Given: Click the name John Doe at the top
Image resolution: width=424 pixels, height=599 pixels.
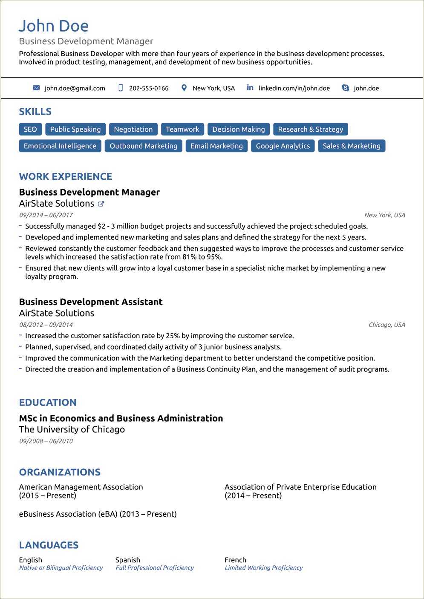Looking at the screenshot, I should [54, 26].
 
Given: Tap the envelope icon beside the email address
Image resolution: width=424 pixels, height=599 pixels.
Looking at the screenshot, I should [36, 88].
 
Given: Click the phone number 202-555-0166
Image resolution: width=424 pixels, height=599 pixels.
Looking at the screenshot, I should [148, 88].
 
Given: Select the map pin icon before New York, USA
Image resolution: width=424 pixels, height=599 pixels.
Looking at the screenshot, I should [184, 88].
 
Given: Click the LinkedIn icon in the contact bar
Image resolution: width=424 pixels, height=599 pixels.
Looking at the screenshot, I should [250, 87].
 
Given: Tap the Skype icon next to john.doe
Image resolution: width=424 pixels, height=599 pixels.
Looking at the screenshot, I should [346, 88].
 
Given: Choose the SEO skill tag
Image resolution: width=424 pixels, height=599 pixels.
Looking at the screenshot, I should [30, 129].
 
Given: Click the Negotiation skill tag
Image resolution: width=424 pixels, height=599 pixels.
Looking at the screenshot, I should [133, 129].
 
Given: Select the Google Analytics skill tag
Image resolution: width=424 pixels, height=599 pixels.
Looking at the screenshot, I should [283, 146].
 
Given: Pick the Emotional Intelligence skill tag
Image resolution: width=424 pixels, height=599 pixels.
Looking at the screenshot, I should [60, 146].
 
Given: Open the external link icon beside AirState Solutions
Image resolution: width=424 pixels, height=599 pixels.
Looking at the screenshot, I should [101, 204].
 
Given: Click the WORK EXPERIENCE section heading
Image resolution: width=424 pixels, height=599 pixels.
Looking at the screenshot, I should [66, 176].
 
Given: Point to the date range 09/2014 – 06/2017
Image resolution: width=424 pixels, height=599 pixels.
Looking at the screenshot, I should [46, 215].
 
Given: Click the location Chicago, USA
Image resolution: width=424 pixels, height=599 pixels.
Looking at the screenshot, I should [387, 325].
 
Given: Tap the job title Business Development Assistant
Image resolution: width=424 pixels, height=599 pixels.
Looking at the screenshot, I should [91, 302].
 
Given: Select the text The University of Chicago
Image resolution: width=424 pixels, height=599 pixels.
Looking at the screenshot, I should [72, 429].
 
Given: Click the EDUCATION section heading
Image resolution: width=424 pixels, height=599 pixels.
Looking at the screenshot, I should [48, 403].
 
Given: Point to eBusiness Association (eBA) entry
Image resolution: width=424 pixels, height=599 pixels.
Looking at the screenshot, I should [98, 514].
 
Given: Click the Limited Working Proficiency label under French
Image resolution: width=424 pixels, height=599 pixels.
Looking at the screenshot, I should [263, 568].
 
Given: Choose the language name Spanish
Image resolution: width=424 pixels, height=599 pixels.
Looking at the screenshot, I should [127, 560].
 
